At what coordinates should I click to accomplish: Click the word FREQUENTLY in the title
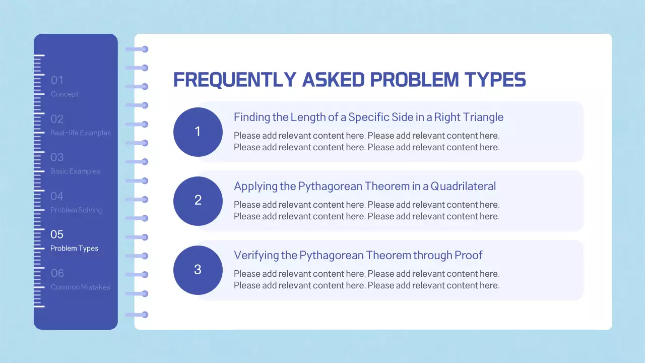tap(235, 80)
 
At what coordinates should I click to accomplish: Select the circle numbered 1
tap(198, 132)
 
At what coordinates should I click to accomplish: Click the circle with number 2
tap(198, 201)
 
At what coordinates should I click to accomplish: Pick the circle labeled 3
tap(198, 270)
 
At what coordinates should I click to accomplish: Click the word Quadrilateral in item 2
tap(463, 187)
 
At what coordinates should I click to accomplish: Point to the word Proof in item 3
tap(468, 255)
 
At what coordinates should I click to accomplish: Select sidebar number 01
tap(57, 80)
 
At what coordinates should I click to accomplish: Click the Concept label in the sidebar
tap(64, 94)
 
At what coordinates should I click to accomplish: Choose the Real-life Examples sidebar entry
tap(80, 133)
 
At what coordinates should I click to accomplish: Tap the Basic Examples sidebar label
tap(75, 171)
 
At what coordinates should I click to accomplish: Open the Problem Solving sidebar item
tap(76, 210)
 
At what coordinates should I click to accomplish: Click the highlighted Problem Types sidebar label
tap(74, 249)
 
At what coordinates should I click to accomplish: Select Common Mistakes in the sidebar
tap(80, 287)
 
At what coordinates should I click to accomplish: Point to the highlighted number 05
tap(57, 234)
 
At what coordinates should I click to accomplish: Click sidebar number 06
tap(57, 273)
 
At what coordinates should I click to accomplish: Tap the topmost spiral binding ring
tap(137, 49)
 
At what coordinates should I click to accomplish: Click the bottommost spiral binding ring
tap(137, 315)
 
